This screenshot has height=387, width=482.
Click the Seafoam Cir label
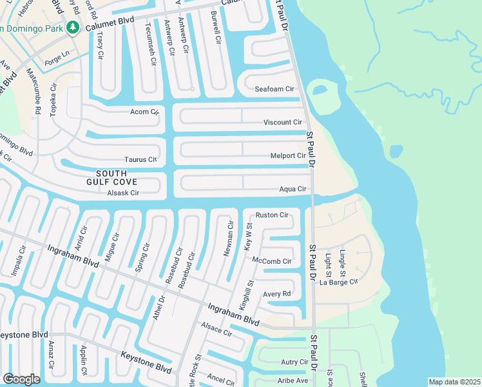click(274, 89)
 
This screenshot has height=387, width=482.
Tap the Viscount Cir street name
click(282, 123)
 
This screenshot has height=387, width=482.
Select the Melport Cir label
click(288, 156)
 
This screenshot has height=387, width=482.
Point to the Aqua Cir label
click(293, 189)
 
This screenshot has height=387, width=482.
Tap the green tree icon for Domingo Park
click(73, 27)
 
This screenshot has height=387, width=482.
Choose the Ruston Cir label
click(271, 215)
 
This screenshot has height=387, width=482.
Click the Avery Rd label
click(277, 294)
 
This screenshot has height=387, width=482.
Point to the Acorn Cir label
click(144, 112)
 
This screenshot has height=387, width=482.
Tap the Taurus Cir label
click(140, 159)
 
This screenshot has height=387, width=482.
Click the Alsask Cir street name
click(123, 193)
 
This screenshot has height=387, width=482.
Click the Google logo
click(21, 379)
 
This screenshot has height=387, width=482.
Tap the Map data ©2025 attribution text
click(454, 382)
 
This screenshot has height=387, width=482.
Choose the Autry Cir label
click(294, 362)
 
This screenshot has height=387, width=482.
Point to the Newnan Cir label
click(227, 237)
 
